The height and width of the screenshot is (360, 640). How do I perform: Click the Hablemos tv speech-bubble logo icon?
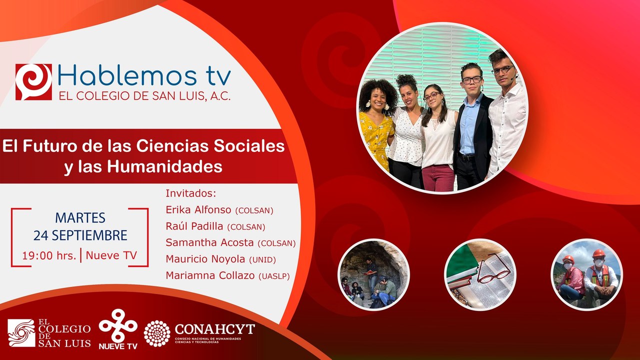click(x=33, y=81)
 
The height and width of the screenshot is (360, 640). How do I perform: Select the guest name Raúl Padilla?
click(x=194, y=226)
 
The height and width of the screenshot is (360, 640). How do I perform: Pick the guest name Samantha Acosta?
click(x=210, y=243)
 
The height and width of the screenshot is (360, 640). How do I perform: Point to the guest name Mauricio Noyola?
click(x=205, y=259)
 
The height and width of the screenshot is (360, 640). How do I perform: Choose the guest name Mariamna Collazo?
click(x=210, y=275)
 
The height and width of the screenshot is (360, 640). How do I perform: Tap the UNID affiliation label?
click(x=262, y=260)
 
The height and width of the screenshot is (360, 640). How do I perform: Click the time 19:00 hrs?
click(x=49, y=255)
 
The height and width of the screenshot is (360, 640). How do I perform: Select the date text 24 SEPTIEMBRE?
click(x=80, y=235)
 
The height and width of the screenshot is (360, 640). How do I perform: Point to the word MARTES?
click(x=80, y=218)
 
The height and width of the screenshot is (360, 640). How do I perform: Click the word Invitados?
click(x=194, y=194)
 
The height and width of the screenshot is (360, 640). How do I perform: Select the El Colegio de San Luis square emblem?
click(x=21, y=333)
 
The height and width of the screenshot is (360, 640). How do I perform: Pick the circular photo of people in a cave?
click(x=374, y=274)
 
